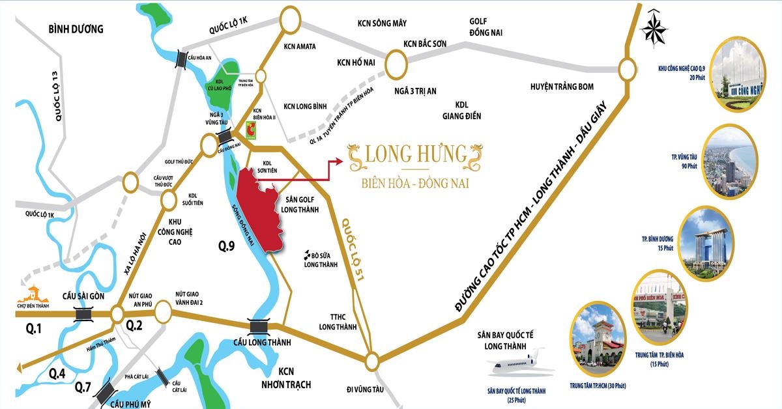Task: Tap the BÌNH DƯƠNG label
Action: point(76,29)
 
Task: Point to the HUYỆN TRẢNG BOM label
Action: point(561,87)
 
